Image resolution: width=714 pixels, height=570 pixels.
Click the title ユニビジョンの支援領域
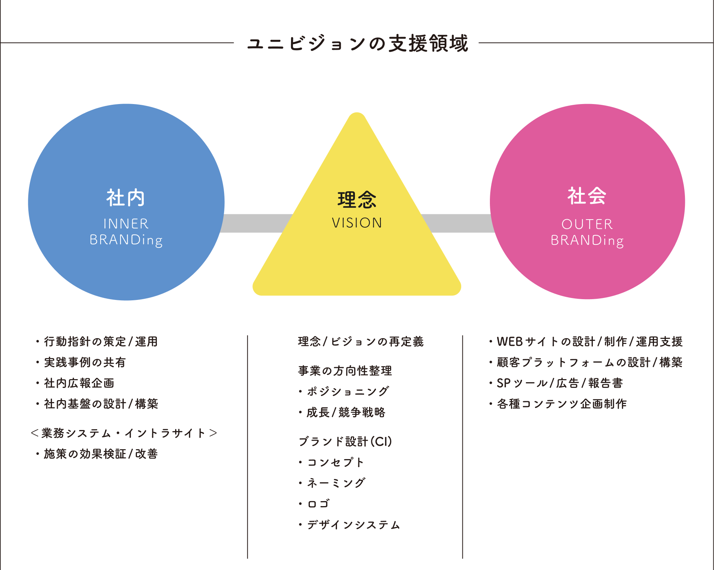358,43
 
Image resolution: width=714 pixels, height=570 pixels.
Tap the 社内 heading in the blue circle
126,198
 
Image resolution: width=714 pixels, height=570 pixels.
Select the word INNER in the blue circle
126,224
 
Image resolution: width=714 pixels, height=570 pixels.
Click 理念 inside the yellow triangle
357,200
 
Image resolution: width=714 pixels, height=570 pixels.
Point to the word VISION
357,223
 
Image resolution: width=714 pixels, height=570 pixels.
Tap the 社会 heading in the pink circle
587,196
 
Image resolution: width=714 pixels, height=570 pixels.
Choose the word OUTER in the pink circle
587,224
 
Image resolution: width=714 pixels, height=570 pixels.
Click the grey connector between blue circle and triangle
257,223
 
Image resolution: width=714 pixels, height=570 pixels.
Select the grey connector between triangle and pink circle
458,223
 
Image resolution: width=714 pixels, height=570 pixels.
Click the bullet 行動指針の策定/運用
97,341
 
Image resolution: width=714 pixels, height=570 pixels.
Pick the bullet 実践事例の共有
81,362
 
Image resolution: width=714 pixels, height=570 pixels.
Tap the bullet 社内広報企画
75,383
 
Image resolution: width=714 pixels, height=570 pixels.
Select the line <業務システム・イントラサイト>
124,433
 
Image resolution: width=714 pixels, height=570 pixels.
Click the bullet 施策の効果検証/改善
97,454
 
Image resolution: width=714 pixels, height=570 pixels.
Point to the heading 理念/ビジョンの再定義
361,341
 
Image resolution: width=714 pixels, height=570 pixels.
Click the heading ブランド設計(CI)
345,441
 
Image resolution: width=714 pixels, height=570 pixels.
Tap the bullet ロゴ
314,504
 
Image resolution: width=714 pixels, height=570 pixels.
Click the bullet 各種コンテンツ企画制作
558,404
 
